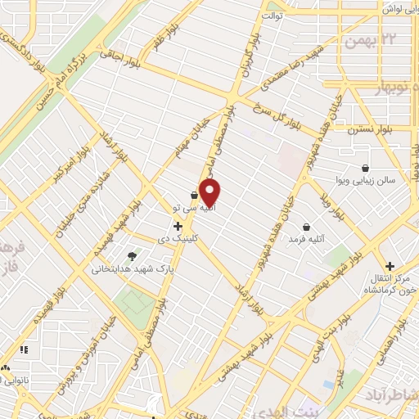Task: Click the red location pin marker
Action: click(210, 192)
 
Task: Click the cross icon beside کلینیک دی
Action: click(178, 225)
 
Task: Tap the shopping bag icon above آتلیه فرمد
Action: click(306, 227)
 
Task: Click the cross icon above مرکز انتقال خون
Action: click(390, 266)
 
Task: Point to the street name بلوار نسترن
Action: click(354, 128)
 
